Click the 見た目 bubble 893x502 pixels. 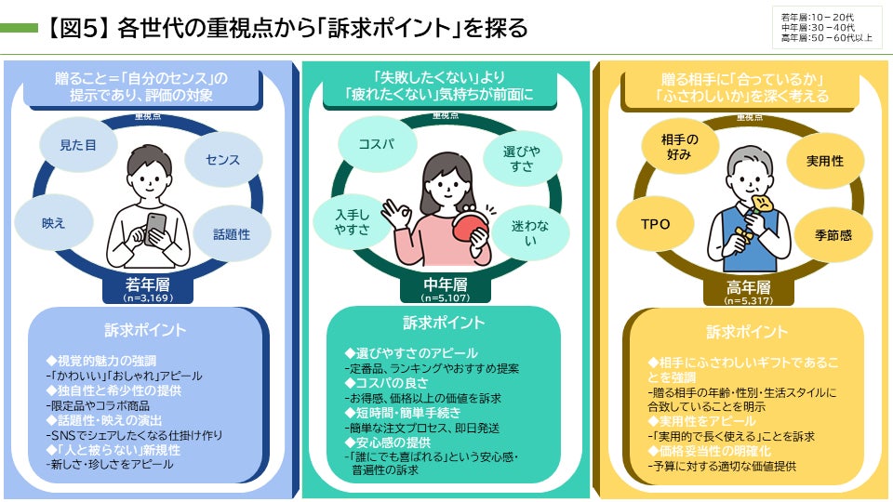(x=78, y=145)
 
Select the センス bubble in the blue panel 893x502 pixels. (x=223, y=159)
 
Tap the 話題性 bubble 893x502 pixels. (x=232, y=234)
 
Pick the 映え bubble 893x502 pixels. (x=54, y=223)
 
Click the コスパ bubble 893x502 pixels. (x=377, y=144)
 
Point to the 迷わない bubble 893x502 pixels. (x=530, y=232)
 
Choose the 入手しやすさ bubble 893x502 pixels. (x=352, y=222)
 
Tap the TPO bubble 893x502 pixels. (x=656, y=224)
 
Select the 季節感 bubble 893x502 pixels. (x=833, y=234)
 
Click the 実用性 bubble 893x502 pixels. (x=825, y=161)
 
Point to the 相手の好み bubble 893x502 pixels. (x=680, y=146)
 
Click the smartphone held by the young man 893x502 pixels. (x=155, y=229)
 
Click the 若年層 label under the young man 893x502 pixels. (x=148, y=284)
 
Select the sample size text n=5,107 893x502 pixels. (x=446, y=297)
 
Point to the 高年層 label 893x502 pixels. (x=748, y=287)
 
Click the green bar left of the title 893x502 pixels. (x=19, y=28)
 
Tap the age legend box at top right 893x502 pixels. (x=827, y=27)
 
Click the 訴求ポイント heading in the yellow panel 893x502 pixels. (x=747, y=332)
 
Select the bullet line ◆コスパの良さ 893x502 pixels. (x=387, y=382)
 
